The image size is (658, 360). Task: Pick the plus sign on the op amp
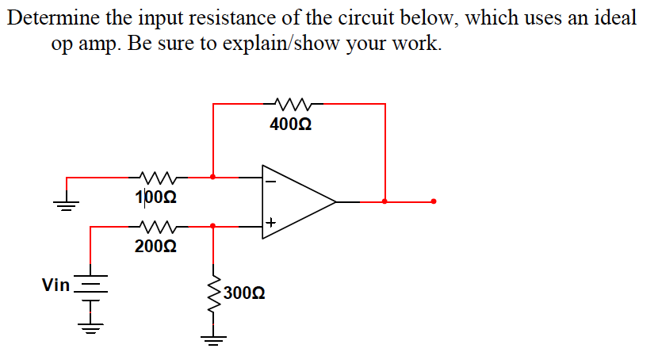pos(270,223)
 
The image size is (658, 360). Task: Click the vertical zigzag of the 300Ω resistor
pos(212,293)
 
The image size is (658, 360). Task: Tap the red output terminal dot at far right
pos(434,201)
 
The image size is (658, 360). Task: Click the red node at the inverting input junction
pos(212,177)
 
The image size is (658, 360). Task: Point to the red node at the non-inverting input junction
pos(212,226)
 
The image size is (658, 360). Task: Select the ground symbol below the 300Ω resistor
pos(212,339)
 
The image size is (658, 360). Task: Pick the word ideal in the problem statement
pos(615,18)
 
